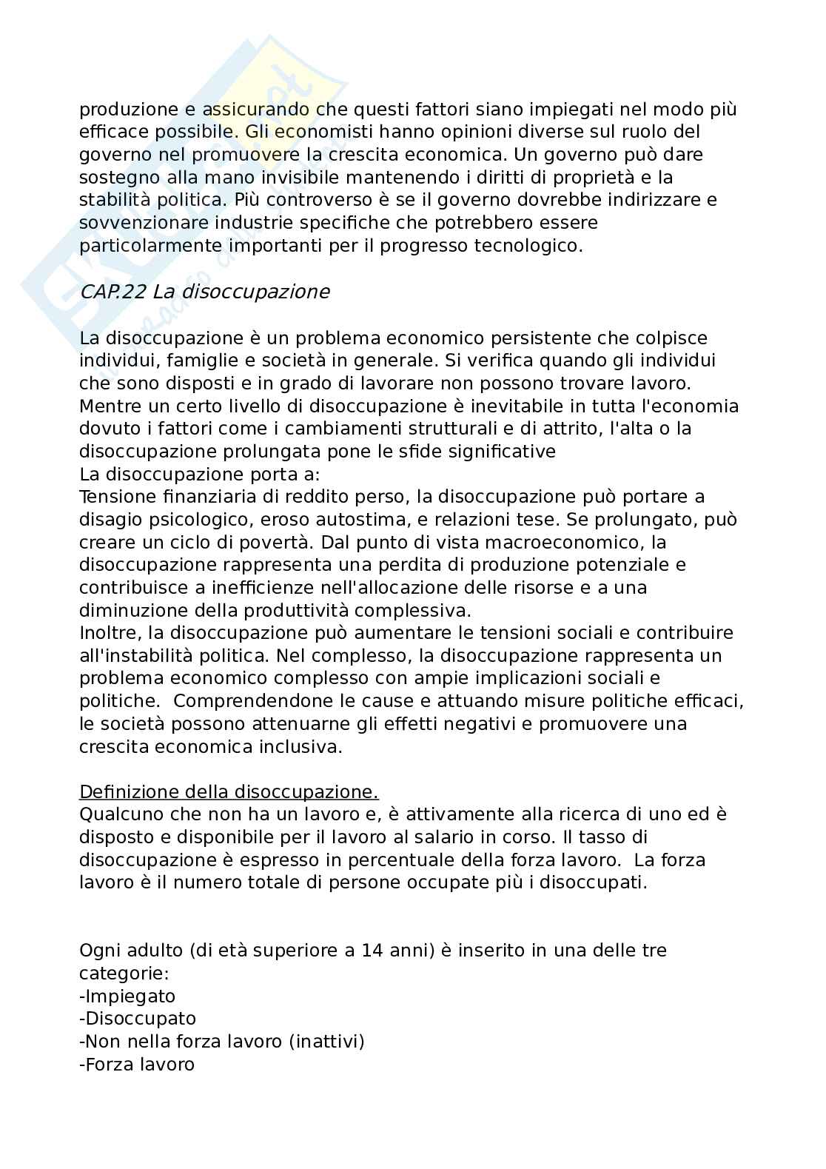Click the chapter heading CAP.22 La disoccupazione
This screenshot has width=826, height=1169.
pyautogui.click(x=204, y=292)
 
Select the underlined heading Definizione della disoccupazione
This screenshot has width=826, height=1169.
pyautogui.click(x=229, y=791)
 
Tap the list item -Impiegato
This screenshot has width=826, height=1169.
pyautogui.click(x=127, y=996)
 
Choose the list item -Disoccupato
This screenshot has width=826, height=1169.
pyautogui.click(x=138, y=1019)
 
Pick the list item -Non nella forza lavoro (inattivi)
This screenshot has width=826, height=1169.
pyautogui.click(x=222, y=1042)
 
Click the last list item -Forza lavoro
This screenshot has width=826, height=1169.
pyautogui.click(x=137, y=1065)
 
